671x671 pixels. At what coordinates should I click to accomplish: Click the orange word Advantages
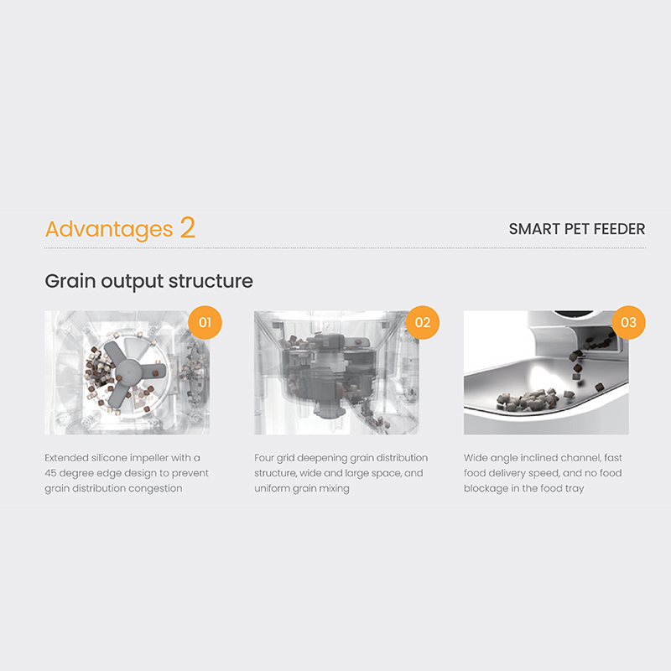coord(109,229)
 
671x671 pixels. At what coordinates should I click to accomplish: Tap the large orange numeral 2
coord(187,227)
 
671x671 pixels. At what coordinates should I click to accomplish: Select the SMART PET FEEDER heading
coord(577,229)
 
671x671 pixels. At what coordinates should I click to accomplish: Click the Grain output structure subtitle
coord(149,281)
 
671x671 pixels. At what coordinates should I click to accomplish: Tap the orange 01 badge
coord(205,322)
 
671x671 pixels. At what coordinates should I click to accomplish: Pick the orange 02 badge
coord(423,322)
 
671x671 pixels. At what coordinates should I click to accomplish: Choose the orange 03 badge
coord(628,322)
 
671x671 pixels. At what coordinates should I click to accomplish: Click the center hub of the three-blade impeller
coord(128,372)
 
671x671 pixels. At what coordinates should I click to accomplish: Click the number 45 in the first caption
coord(50,473)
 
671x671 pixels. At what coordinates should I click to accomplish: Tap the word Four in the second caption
coord(263,458)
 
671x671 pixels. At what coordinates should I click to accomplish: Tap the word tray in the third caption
coord(574,489)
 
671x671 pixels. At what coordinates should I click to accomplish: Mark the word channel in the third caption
coord(579,458)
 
